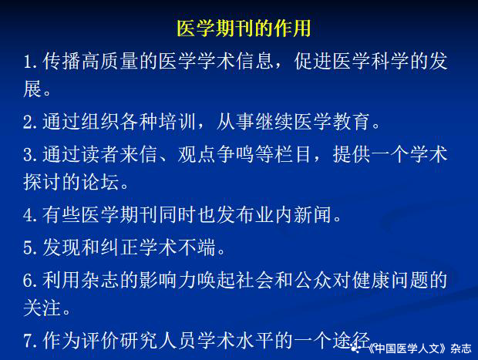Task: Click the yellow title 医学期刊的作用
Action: [244, 29]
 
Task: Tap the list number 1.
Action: [31, 62]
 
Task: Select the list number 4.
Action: [31, 215]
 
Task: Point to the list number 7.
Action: [31, 341]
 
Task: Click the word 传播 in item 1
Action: [61, 61]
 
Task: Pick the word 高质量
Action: [109, 61]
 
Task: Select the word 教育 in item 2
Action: [352, 122]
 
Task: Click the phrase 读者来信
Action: [119, 154]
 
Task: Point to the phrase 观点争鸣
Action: [216, 154]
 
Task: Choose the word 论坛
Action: [99, 182]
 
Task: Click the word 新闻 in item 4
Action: [313, 214]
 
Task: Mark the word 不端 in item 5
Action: [197, 247]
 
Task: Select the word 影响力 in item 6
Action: [168, 280]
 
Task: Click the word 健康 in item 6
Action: [371, 280]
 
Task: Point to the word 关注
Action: [42, 308]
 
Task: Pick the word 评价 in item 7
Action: [99, 340]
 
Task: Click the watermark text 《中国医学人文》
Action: [408, 348]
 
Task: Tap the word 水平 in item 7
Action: [254, 340]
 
